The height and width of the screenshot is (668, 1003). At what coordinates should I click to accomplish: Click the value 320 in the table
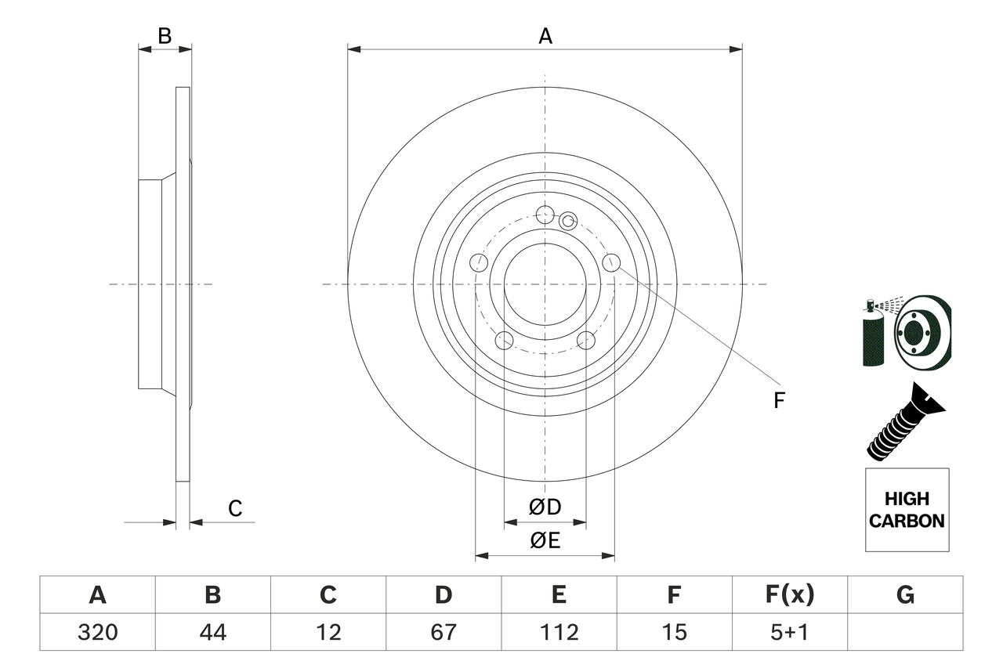coord(97,631)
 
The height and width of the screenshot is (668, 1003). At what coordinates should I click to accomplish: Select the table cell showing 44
coord(212,631)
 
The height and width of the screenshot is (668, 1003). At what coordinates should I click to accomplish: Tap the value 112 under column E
coord(559,631)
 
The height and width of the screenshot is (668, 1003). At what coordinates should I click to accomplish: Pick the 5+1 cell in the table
coord(789,631)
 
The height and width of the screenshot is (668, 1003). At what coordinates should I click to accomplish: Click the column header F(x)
coord(789,595)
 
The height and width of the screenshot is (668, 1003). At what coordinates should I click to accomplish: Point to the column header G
coord(905,595)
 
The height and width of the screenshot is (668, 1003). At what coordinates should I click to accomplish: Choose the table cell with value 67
coord(444,631)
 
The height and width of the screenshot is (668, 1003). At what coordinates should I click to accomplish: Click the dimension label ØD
coord(545,507)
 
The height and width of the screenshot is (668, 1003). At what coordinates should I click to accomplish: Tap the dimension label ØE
coord(545,541)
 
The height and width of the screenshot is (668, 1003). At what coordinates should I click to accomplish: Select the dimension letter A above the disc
coord(545,36)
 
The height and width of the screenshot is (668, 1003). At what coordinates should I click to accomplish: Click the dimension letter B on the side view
coord(165,36)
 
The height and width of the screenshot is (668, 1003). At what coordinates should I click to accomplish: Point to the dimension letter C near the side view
coord(235,509)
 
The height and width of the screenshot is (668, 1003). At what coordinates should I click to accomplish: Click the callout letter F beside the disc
coord(778,401)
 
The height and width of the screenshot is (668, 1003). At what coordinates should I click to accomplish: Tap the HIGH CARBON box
coord(907,510)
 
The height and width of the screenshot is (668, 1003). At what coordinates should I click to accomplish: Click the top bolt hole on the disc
coord(545,214)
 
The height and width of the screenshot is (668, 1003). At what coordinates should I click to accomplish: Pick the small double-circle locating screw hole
coord(568,221)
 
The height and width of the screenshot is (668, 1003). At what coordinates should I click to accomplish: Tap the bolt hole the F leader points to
coord(611,262)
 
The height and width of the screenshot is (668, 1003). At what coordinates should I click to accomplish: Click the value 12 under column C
coord(328,631)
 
